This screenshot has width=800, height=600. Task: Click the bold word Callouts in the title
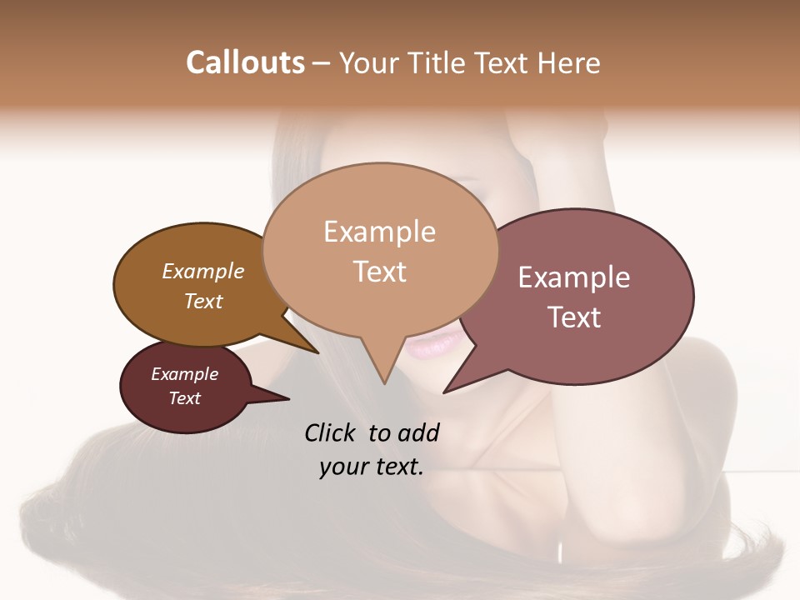point(245,62)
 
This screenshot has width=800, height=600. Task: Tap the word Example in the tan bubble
point(379,232)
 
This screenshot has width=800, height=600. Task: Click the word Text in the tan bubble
point(379,272)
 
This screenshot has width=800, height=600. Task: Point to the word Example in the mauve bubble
point(573,277)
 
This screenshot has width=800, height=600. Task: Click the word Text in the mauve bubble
point(574,317)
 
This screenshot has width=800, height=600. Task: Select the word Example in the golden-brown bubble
point(202,271)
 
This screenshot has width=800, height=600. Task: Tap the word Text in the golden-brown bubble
point(202,301)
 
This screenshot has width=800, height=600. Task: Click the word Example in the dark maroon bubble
point(184,374)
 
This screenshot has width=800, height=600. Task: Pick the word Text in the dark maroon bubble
point(184,398)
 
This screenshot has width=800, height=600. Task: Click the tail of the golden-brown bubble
point(308,345)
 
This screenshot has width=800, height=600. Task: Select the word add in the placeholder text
point(418,432)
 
